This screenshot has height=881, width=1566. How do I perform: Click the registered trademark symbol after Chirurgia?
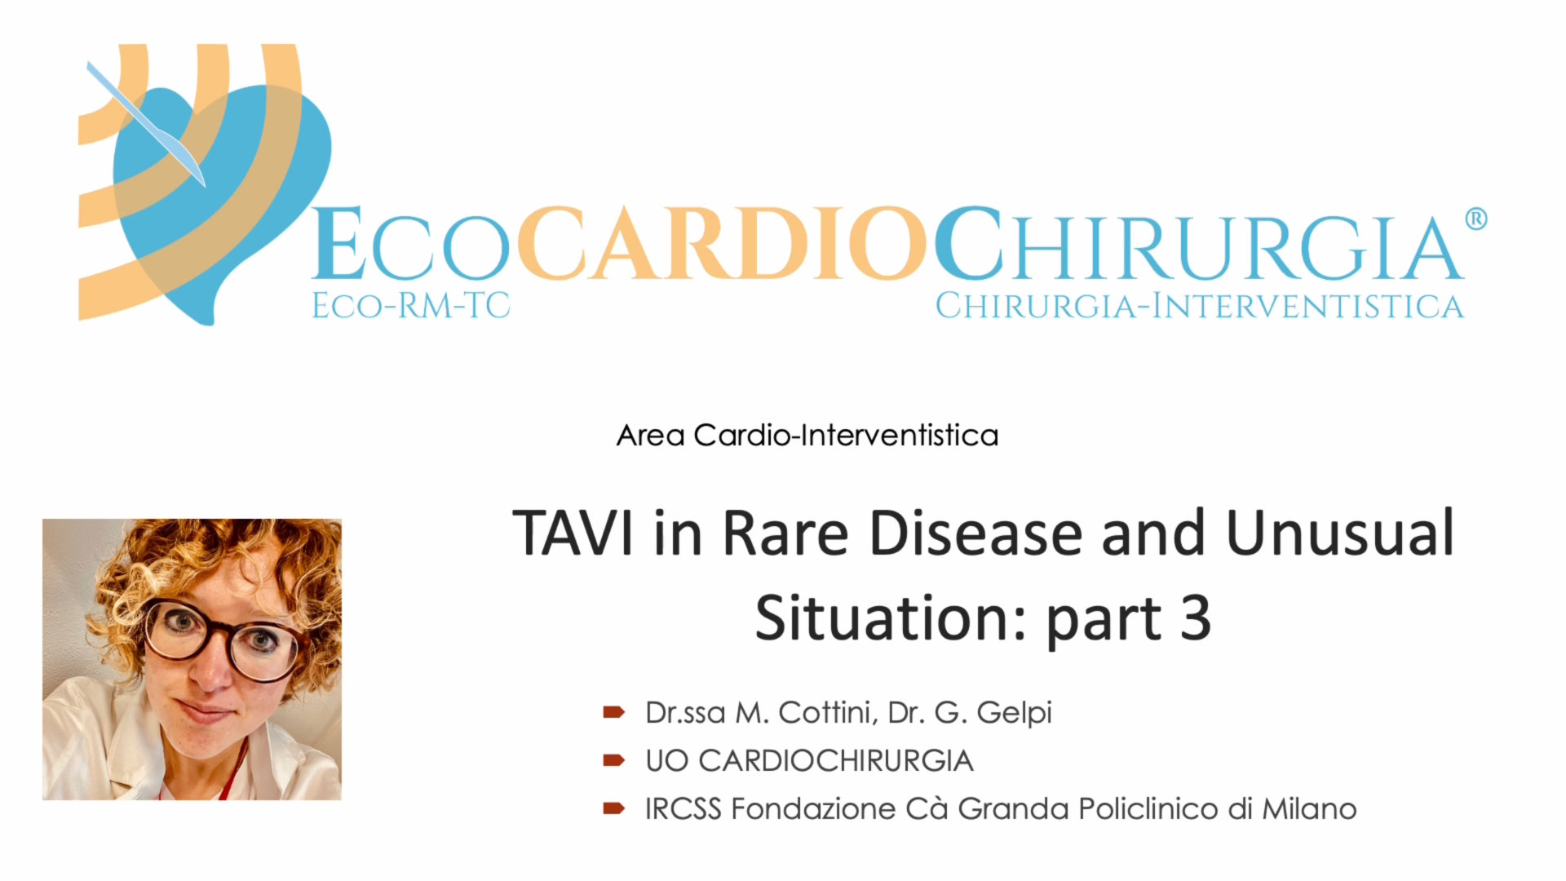(x=1475, y=219)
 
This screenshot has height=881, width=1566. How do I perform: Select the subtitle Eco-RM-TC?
(x=411, y=306)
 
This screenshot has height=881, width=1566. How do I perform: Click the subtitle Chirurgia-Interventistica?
(x=1199, y=306)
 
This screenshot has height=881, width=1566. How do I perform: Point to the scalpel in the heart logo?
(x=145, y=123)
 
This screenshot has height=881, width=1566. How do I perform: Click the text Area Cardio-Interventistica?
(x=807, y=435)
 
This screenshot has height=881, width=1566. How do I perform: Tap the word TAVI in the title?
(x=573, y=533)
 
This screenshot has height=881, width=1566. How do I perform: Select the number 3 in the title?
(x=1195, y=618)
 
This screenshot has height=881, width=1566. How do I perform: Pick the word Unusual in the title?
(x=1340, y=533)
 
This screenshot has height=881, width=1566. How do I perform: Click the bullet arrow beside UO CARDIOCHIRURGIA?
(x=613, y=761)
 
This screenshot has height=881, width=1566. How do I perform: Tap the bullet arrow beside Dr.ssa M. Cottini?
(x=613, y=713)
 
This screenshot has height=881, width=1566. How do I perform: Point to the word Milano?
(x=1309, y=808)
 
